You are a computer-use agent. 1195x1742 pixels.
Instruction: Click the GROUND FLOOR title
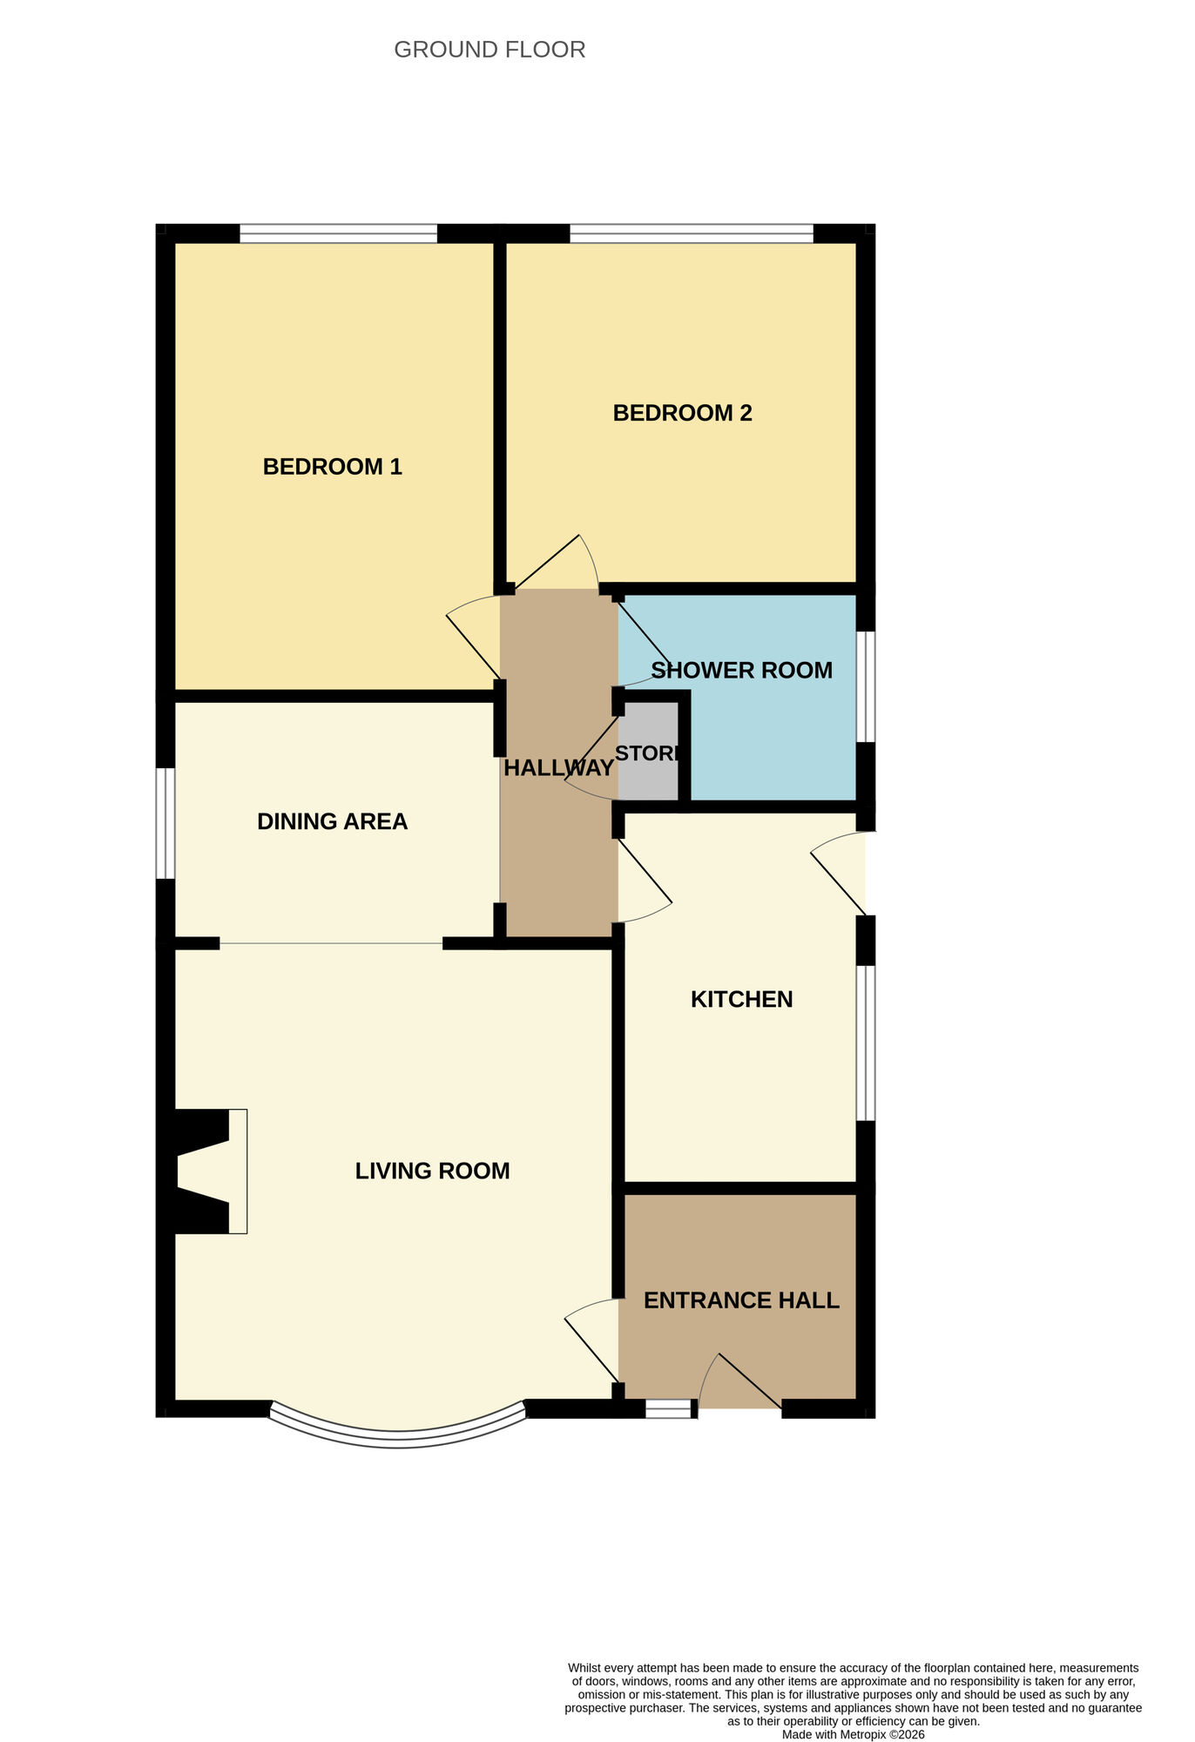click(489, 51)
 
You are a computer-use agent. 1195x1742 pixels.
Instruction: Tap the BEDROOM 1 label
click(332, 467)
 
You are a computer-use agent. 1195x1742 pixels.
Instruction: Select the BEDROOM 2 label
click(682, 413)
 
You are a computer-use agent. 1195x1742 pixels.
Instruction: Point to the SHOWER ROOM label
click(742, 671)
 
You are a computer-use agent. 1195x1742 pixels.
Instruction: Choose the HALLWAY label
click(558, 768)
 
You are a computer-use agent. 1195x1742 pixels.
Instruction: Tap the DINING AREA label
click(332, 821)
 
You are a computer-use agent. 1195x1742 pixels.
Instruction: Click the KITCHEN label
click(741, 999)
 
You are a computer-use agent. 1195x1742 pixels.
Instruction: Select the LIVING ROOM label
click(432, 1171)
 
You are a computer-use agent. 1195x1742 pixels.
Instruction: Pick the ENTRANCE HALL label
click(741, 1300)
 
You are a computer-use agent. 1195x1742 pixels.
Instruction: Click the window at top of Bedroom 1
click(338, 233)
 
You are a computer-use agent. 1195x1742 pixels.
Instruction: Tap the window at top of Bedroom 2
click(691, 233)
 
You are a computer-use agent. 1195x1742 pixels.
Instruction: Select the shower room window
click(865, 686)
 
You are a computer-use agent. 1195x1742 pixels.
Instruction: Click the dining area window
click(165, 823)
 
